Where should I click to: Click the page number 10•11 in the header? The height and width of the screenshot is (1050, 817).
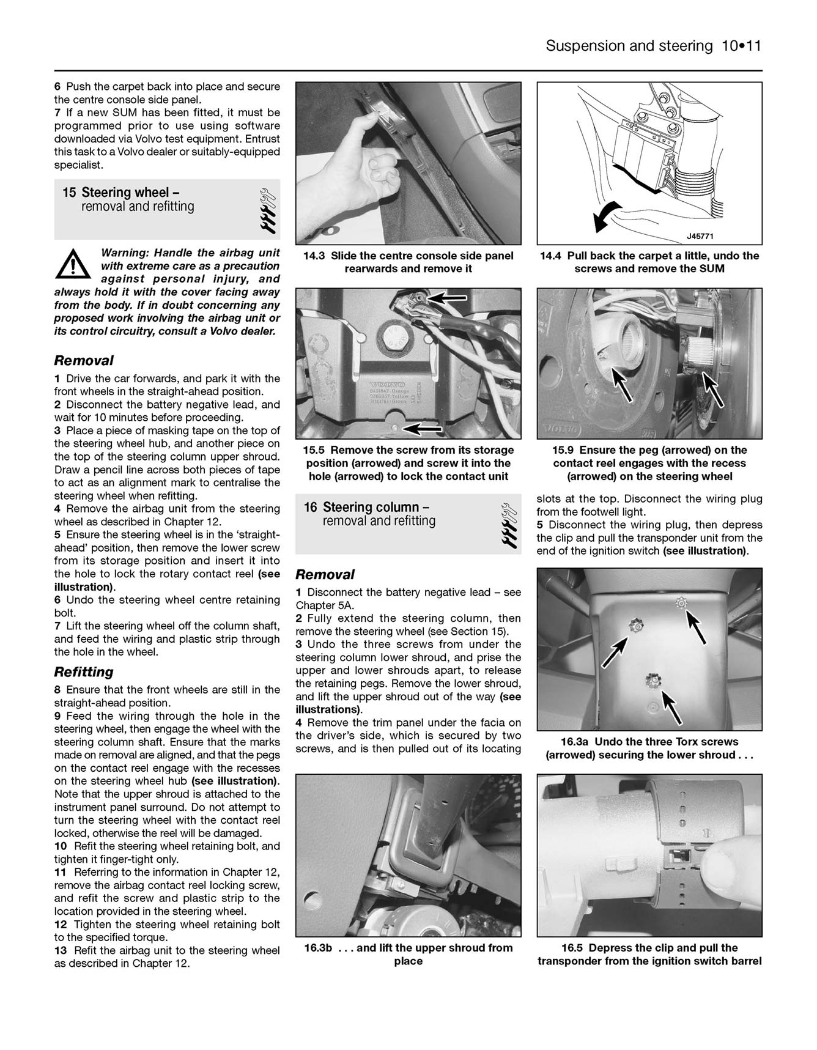(740, 46)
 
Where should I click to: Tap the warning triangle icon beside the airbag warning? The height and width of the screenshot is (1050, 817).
(72, 264)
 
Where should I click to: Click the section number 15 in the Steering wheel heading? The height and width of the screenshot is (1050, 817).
(69, 193)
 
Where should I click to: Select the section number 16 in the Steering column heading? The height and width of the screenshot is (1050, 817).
(311, 508)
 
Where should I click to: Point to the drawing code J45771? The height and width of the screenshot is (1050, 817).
(700, 237)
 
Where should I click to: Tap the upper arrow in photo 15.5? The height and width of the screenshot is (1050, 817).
(447, 298)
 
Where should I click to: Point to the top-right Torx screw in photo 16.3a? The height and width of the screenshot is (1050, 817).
(680, 604)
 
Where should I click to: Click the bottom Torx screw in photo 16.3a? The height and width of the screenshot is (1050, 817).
(652, 679)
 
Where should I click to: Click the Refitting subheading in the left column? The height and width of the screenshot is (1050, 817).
(84, 672)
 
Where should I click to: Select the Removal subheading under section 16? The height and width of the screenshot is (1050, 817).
(325, 575)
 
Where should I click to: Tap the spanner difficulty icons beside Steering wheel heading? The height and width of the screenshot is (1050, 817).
(267, 209)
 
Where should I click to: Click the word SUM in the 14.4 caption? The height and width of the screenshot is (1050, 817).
(711, 269)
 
